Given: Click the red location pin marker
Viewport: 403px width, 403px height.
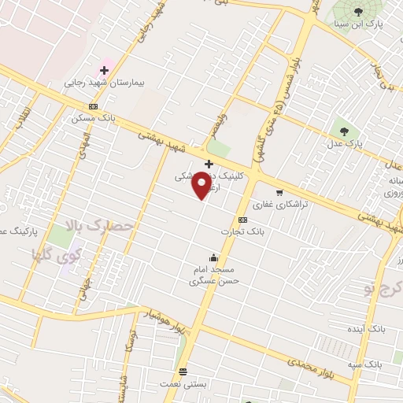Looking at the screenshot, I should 202,185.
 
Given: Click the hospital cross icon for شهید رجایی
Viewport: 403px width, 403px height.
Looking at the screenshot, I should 103,70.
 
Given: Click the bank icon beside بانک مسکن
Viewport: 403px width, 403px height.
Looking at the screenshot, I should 94,107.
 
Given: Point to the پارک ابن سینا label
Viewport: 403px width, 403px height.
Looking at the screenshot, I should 358,24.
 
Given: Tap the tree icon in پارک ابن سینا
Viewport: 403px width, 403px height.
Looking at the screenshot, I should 359,11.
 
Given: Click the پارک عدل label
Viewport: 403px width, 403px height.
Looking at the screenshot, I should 343,146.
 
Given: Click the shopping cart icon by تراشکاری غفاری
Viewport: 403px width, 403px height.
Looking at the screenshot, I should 279,192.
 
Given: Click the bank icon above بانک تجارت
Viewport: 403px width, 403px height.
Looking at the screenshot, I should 242,220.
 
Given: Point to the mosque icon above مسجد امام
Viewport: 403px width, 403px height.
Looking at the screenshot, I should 213,257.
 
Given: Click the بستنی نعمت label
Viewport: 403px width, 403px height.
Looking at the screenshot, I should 183,383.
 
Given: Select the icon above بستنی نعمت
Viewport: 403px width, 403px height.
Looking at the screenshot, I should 183,372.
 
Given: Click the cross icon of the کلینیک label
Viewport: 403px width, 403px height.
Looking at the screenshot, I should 208,164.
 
